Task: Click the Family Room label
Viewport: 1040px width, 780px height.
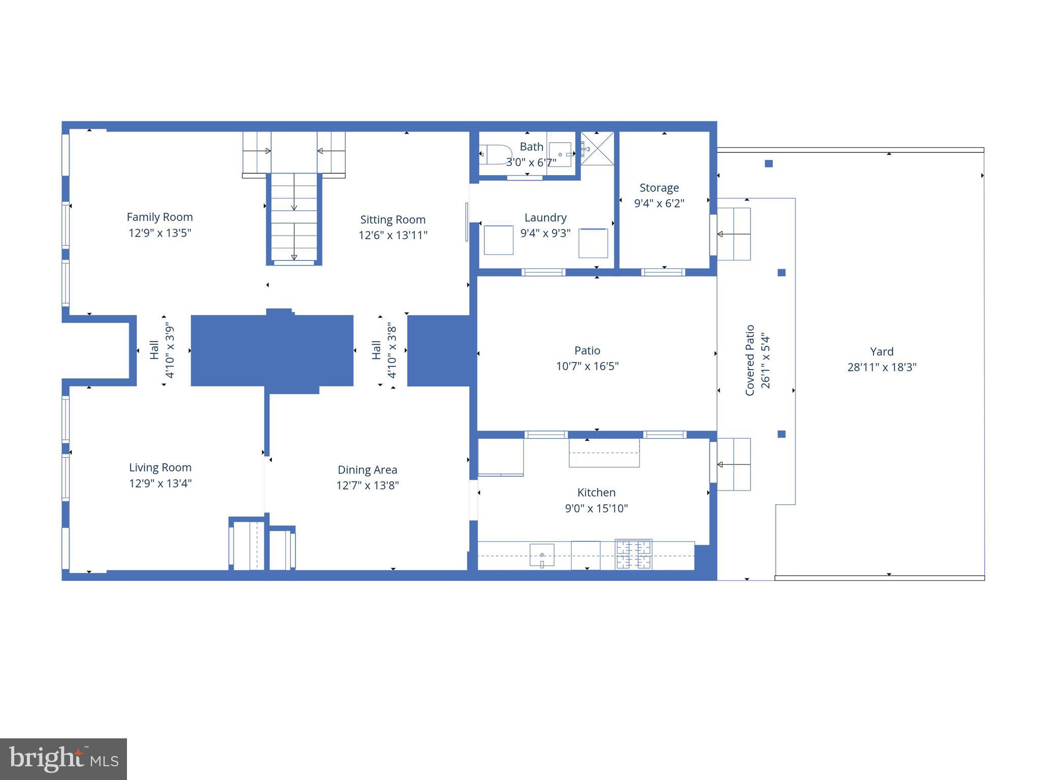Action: point(159,217)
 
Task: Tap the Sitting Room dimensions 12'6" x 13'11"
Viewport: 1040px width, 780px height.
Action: point(393,235)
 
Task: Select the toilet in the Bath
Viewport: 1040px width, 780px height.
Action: point(495,154)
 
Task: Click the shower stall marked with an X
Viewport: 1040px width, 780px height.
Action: point(597,148)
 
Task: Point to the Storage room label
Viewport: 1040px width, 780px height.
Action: point(659,187)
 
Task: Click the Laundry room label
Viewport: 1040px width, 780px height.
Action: point(545,217)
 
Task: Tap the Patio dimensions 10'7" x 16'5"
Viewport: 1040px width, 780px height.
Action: point(587,366)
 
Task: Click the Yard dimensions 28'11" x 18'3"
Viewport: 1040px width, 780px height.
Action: point(882,367)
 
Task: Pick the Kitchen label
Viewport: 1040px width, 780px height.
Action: point(596,492)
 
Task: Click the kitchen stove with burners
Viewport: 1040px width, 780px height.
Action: point(633,555)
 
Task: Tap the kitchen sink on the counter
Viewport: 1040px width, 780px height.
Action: point(542,555)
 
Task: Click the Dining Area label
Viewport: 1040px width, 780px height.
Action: point(367,470)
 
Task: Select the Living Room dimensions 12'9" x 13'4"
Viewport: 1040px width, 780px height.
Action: point(160,483)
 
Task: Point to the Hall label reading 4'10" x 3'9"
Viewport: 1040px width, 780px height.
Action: point(162,350)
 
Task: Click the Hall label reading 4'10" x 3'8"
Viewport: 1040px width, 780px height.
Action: point(384,350)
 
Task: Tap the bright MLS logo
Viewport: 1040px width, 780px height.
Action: point(63,759)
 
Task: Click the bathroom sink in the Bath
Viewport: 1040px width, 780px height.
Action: point(560,154)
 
